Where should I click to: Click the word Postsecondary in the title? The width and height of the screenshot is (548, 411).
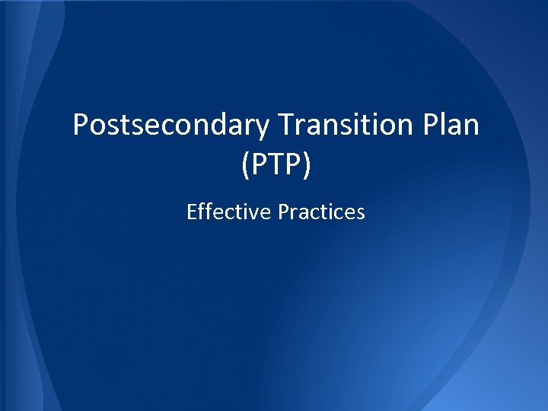point(170,125)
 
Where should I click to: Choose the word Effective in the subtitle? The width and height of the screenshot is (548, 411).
point(228,212)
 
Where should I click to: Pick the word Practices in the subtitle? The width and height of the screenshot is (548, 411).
point(321,212)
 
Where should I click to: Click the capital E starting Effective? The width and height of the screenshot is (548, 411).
point(191,212)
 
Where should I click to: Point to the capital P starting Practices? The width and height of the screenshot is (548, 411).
point(282,212)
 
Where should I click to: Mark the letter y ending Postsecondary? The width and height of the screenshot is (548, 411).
point(261,128)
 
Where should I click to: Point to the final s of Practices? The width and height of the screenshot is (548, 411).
point(361,212)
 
